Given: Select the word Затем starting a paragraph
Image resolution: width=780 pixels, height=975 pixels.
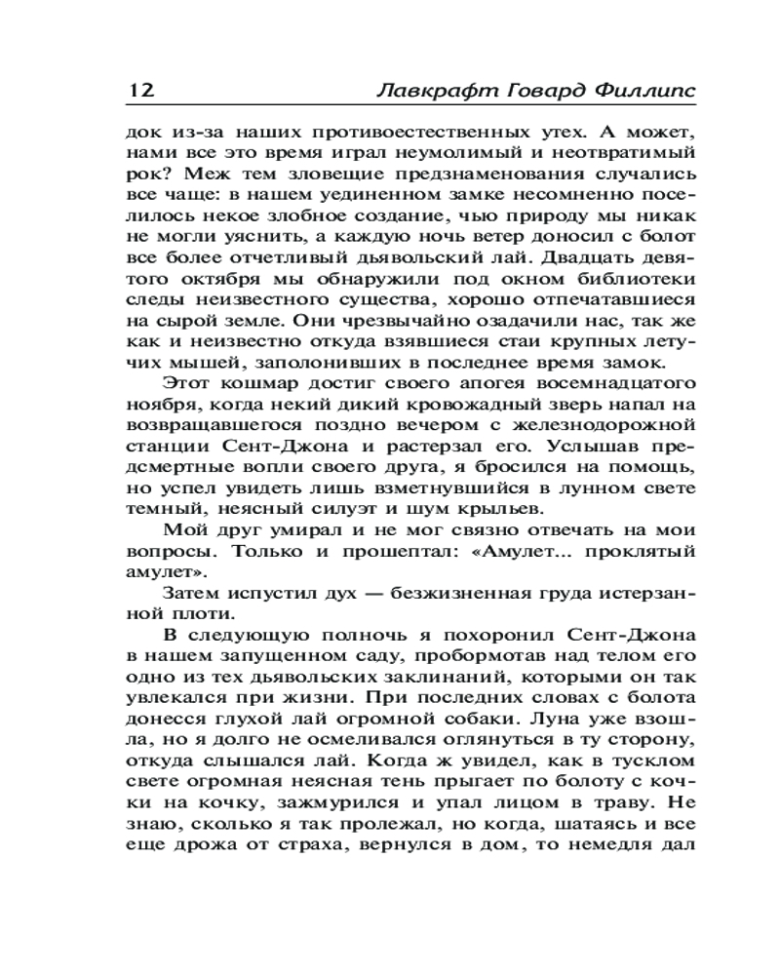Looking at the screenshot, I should point(192,594).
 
